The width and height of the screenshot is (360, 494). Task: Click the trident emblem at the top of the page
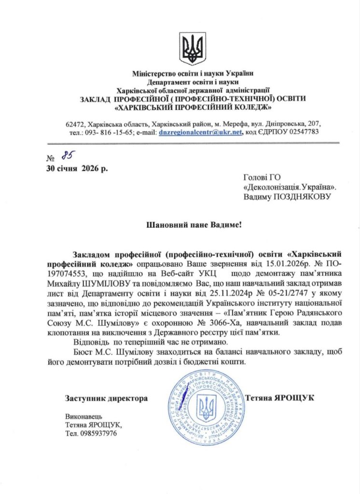[193, 48]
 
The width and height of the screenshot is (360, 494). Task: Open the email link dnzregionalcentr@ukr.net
[200, 132]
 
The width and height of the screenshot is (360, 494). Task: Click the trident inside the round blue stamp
[208, 407]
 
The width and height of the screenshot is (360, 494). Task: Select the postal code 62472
[77, 124]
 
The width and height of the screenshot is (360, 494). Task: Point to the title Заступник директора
[106, 398]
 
